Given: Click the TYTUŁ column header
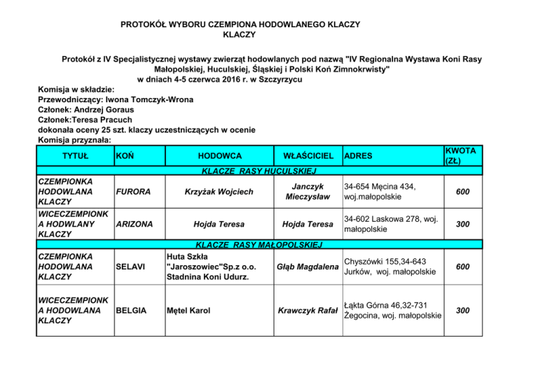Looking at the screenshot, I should point(75,155).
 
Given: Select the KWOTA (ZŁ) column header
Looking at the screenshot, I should point(460,155).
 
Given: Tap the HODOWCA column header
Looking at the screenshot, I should point(220,155).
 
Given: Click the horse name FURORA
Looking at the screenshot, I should point(134,191).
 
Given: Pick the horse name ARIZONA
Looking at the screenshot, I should point(136,224).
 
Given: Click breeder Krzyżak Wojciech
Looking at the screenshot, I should point(220,191).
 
